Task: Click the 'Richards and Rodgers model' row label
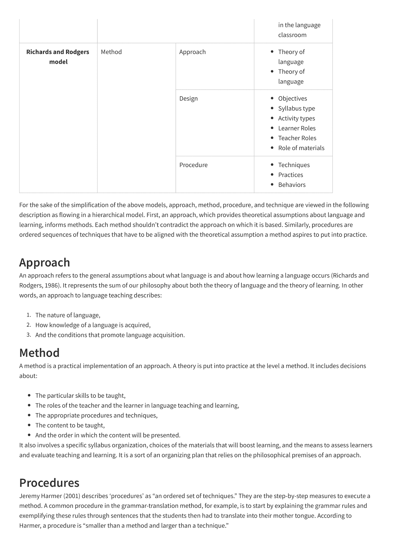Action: coord(58,57)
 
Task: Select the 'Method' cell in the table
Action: coord(111,52)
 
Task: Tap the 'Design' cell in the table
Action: coord(188,99)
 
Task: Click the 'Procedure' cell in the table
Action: coord(193,165)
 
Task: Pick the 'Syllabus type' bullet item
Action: coord(296,108)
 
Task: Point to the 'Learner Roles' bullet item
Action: coord(297,128)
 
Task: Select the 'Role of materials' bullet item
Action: coord(301,148)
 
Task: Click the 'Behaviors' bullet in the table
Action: coord(292,185)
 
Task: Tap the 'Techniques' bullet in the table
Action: coord(294,165)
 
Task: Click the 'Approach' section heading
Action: coord(44,263)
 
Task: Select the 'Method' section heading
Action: coord(39,353)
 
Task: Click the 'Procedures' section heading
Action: coord(49,483)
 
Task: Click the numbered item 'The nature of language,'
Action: coord(68,315)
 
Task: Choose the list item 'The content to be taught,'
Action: coord(70,425)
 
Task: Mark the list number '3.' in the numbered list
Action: coord(29,335)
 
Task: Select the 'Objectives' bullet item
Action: coord(292,99)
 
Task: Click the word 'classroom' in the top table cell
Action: coord(292,35)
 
